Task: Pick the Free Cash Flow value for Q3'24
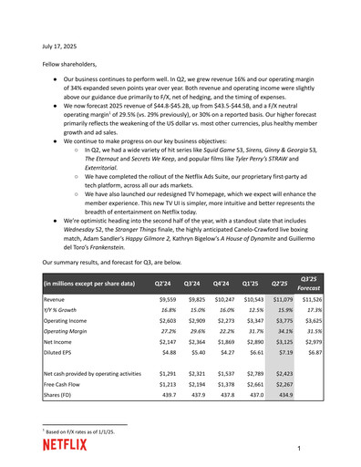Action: (194, 386)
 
